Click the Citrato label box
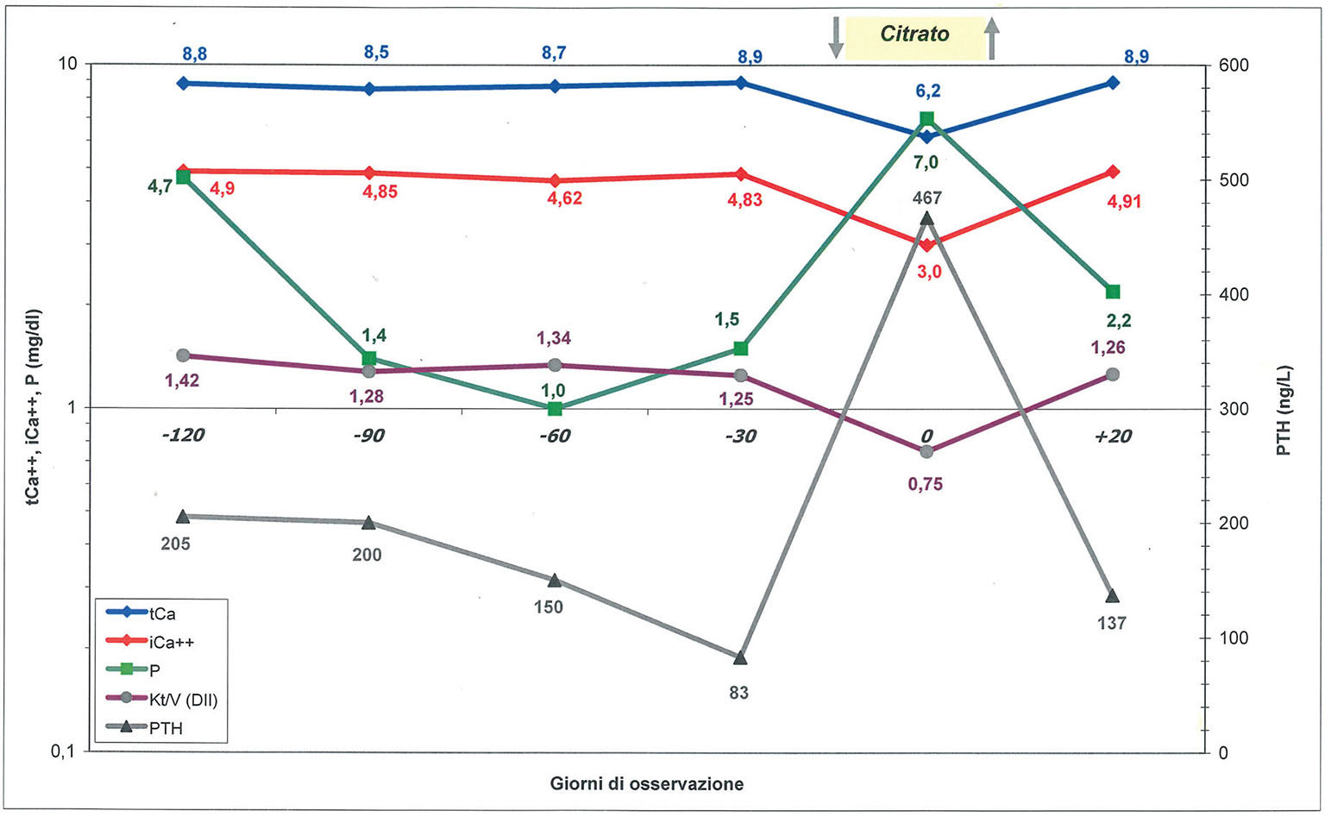914,36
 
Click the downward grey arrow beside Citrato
835,38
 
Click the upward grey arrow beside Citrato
992,39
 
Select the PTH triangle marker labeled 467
927,219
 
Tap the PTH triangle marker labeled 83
740,658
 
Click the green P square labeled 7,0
927,119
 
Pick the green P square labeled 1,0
555,408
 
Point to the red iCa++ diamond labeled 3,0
927,245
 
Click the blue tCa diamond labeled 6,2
927,136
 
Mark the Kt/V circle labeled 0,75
927,451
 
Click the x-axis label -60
555,436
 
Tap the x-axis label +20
1112,436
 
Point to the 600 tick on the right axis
1233,66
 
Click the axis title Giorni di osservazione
646,784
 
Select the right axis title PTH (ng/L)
1284,409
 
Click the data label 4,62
565,198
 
